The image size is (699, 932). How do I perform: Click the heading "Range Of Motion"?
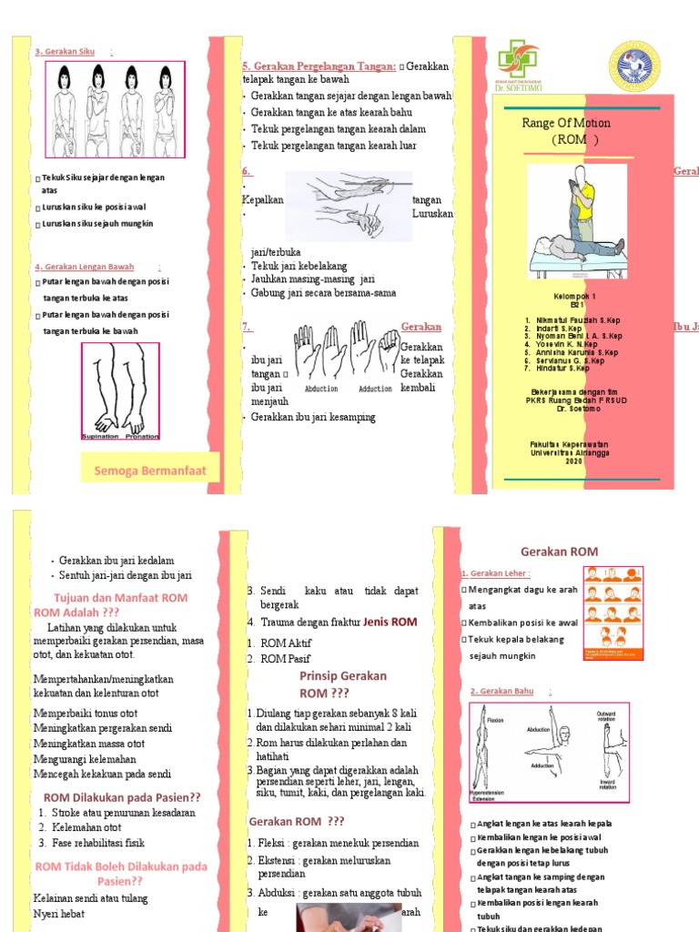click(565, 123)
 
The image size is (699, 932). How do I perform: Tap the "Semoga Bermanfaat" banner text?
click(150, 471)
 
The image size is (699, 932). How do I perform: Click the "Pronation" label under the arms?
click(141, 436)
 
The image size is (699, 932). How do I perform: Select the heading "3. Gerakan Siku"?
click(63, 52)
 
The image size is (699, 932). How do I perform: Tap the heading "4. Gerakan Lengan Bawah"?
click(84, 268)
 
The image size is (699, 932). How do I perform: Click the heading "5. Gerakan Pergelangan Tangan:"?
click(319, 66)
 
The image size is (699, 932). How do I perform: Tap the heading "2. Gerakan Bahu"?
click(502, 692)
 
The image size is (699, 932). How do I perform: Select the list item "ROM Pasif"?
click(286, 658)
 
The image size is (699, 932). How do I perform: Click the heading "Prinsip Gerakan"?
click(342, 676)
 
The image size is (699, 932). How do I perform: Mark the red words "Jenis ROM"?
click(390, 623)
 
